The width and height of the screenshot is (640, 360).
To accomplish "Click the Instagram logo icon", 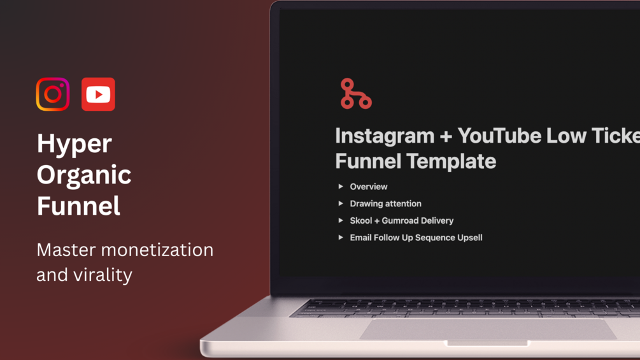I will click(53, 94).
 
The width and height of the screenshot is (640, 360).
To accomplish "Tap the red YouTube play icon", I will click(98, 94).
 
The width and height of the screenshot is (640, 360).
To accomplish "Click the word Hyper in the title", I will click(74, 144).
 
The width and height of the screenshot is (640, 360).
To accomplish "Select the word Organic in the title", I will click(84, 175).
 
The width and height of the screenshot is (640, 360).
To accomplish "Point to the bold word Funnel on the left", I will click(78, 206).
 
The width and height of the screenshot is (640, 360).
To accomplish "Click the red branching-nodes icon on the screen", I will click(355, 94).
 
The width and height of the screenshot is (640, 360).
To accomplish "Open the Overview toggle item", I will click(368, 187).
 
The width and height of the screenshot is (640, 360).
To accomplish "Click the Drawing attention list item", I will click(385, 204).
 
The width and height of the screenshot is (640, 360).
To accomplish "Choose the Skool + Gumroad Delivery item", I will click(401, 220).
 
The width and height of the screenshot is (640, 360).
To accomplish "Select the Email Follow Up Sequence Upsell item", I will click(416, 238).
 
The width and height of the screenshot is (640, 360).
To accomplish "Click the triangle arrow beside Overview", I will click(341, 187).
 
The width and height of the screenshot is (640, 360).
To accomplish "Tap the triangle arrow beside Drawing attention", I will click(341, 203).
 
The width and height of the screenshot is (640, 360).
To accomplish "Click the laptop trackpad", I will click(487, 329).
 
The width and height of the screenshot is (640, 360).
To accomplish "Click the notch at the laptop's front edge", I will click(487, 343).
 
